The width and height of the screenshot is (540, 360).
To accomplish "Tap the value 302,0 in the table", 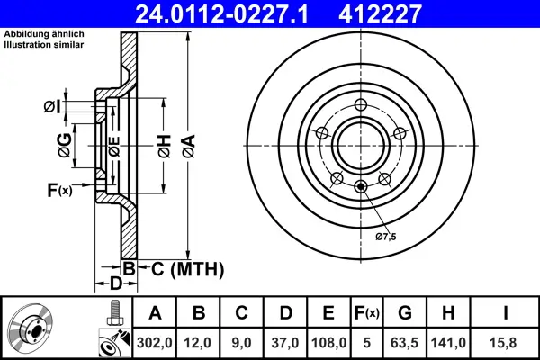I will point(155,343).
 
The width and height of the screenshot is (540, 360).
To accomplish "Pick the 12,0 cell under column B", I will point(198,343).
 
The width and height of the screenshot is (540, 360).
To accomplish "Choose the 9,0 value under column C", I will point(241,343).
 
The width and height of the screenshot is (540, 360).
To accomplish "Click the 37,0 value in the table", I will point(284,343).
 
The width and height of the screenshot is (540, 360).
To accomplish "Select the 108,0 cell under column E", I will point(328,343).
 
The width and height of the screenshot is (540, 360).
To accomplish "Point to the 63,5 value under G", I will point(406,343).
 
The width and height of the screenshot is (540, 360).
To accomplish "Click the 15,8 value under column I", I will point(507,343).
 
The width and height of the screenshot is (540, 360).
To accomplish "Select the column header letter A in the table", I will point(155,313).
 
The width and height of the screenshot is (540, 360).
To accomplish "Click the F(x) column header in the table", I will point(367,313).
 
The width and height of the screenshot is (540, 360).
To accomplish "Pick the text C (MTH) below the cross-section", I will point(187,269).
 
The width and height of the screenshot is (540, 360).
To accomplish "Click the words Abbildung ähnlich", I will point(37,34).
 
